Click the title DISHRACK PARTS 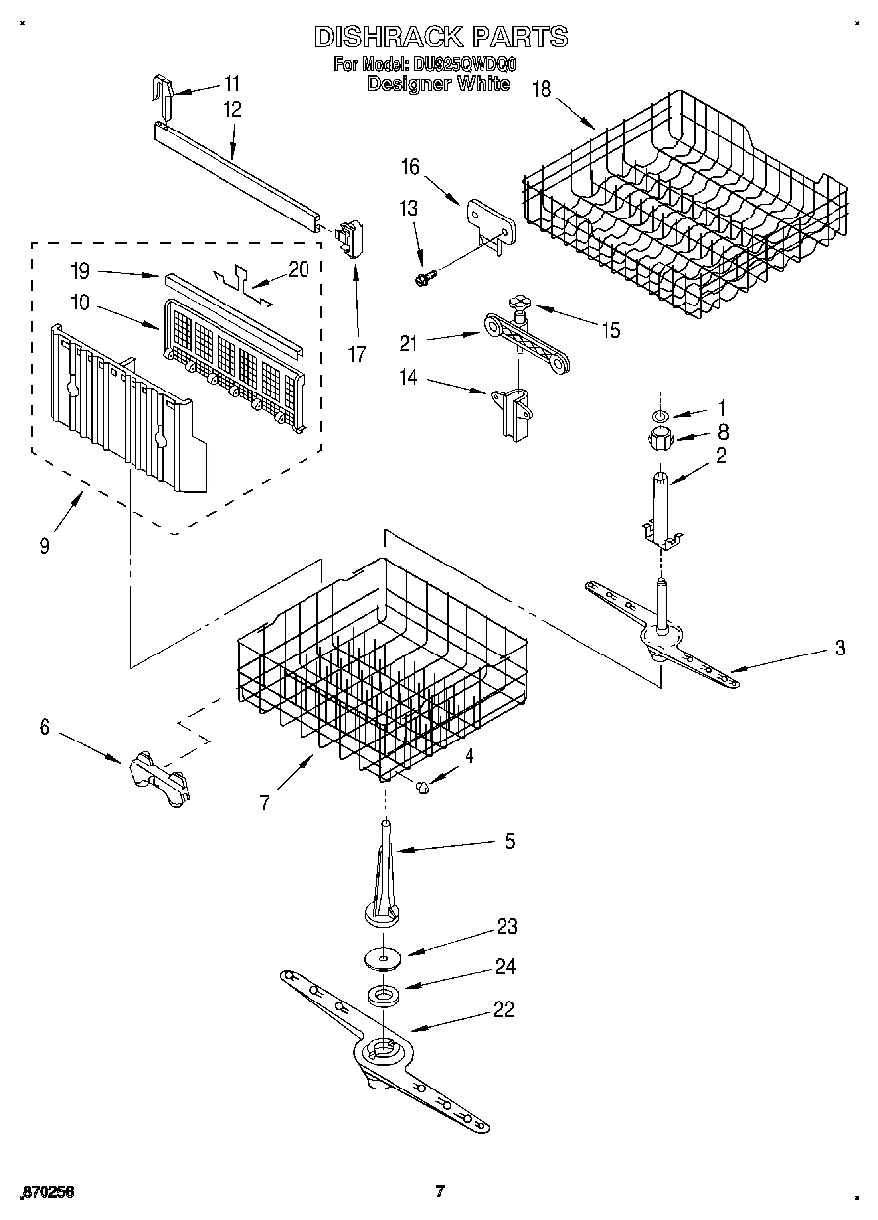[440, 37]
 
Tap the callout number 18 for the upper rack [541, 88]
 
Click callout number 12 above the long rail [232, 109]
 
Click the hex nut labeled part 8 [659, 439]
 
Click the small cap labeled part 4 [421, 785]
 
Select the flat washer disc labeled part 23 [381, 956]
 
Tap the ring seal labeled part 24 [381, 995]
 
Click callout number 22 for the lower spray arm [505, 1009]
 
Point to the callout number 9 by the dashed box [44, 545]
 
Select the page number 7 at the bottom [441, 1191]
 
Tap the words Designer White [438, 85]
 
